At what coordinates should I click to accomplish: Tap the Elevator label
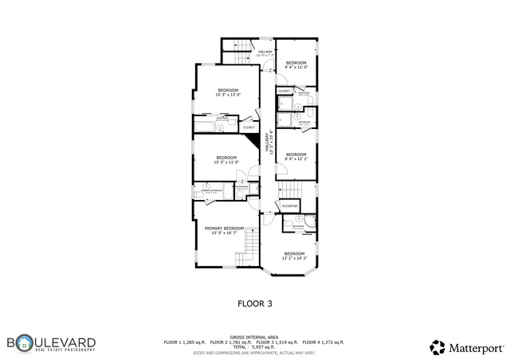[x=289, y=205]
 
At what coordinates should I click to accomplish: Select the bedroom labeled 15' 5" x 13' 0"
[x=227, y=92]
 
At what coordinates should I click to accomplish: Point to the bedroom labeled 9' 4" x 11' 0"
[x=296, y=64]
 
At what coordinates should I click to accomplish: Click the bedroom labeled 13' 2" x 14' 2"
[x=295, y=255]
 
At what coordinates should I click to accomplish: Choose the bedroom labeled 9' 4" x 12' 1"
[x=296, y=155]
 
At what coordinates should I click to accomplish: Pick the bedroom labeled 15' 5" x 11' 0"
[x=226, y=158]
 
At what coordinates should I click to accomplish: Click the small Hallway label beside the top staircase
[x=265, y=53]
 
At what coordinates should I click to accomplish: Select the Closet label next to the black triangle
[x=249, y=127]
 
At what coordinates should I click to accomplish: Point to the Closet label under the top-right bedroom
[x=284, y=92]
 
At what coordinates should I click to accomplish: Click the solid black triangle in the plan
[x=256, y=141]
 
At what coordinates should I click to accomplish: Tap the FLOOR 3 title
[x=255, y=303]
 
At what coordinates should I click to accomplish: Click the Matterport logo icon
[x=437, y=346]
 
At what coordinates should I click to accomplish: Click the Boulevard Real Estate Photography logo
[x=52, y=343]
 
